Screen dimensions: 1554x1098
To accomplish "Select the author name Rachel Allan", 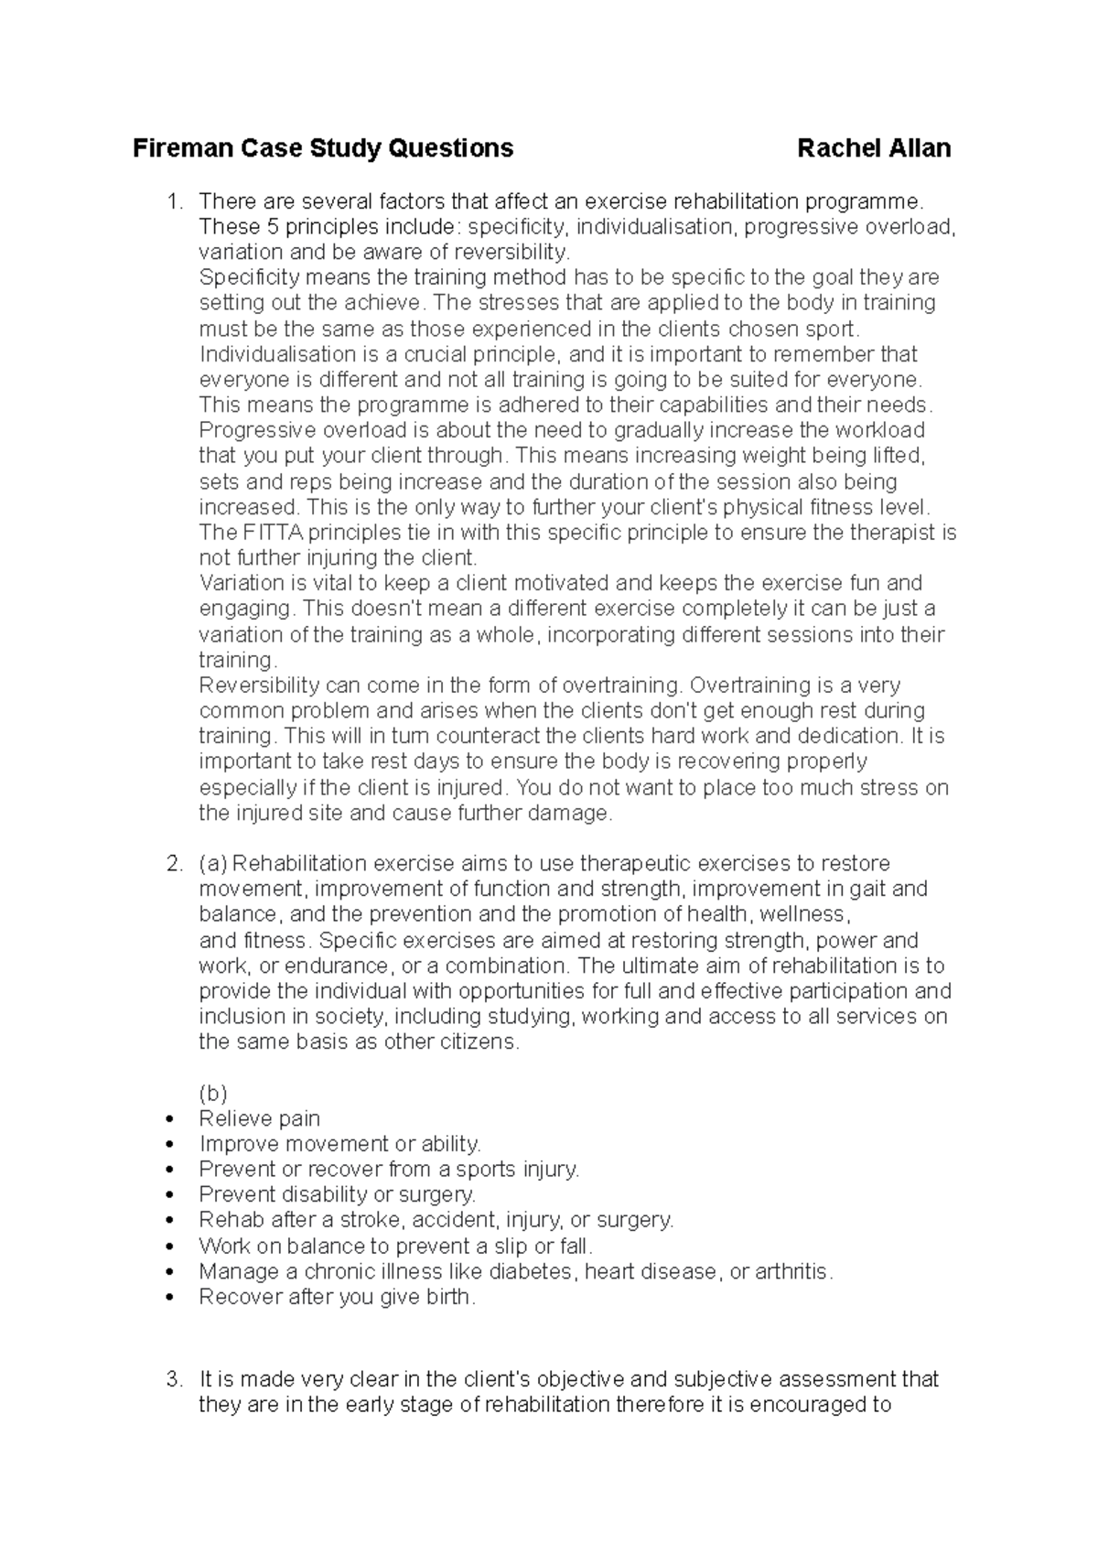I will [874, 148].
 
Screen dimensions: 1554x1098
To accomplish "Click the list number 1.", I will [175, 201].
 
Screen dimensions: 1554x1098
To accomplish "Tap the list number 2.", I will [175, 864].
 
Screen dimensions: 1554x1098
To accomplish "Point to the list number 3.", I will [175, 1379].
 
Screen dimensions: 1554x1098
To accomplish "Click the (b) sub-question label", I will [212, 1094].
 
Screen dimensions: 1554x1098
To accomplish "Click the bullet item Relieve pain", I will [259, 1118].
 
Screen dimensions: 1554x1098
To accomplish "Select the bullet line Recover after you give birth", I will [337, 1297].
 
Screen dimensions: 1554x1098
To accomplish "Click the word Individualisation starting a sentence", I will [277, 354].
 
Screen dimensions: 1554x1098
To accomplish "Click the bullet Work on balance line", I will [395, 1246].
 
